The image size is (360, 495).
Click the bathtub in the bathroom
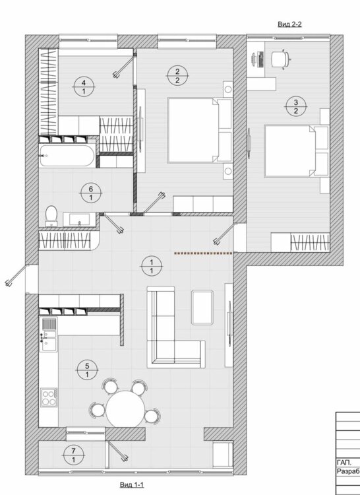[x=67, y=156]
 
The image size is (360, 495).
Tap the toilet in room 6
[x=51, y=216]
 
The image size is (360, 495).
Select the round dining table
[x=125, y=409]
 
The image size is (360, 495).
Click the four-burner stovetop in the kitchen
[x=49, y=397]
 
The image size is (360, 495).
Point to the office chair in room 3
[x=280, y=58]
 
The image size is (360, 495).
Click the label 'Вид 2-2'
[x=289, y=24]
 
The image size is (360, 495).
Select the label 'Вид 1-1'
[x=132, y=484]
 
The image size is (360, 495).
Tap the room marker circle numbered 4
[x=84, y=87]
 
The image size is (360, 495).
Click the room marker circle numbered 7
[x=73, y=455]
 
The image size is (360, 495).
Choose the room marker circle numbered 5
[x=87, y=370]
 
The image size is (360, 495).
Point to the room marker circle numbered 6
[x=91, y=193]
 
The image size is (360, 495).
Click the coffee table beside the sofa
[x=202, y=308]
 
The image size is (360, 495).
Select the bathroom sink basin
[x=79, y=219]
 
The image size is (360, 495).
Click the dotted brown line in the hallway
[x=203, y=253]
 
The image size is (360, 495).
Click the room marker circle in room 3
[x=295, y=106]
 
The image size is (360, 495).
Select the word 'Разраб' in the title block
[x=348, y=471]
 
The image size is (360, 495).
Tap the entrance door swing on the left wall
[x=16, y=276]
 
